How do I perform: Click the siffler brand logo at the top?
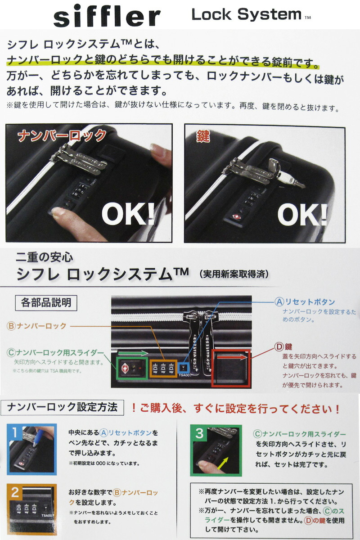[107, 16]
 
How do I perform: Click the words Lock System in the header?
[247, 14]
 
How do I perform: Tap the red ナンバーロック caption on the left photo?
[62, 136]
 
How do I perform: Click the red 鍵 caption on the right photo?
[203, 136]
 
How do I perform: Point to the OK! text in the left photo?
[128, 215]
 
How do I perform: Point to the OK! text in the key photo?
[302, 215]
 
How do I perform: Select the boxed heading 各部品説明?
[46, 303]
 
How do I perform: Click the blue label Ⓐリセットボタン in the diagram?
[305, 302]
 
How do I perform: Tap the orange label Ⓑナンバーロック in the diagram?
[36, 326]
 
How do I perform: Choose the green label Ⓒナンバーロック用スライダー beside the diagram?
[55, 353]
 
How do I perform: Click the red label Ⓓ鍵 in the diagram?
[283, 347]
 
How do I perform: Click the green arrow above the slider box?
[133, 353]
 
